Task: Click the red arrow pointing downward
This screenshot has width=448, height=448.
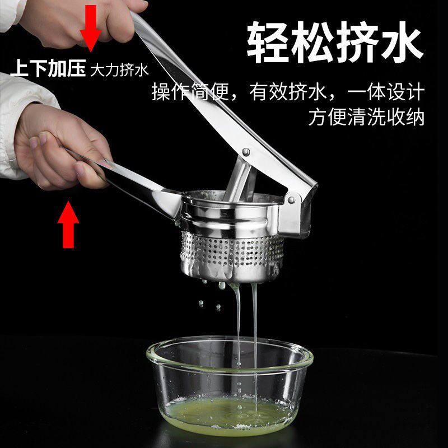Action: (91, 27)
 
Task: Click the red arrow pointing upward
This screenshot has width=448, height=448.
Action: (68, 225)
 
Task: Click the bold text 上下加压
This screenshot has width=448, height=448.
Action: (48, 68)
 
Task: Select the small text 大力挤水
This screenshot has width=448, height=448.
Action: (119, 69)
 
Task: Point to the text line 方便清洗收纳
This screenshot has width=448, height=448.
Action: (366, 116)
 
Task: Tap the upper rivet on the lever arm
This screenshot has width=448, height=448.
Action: (245, 152)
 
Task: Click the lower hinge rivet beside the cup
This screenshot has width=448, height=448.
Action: (291, 199)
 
